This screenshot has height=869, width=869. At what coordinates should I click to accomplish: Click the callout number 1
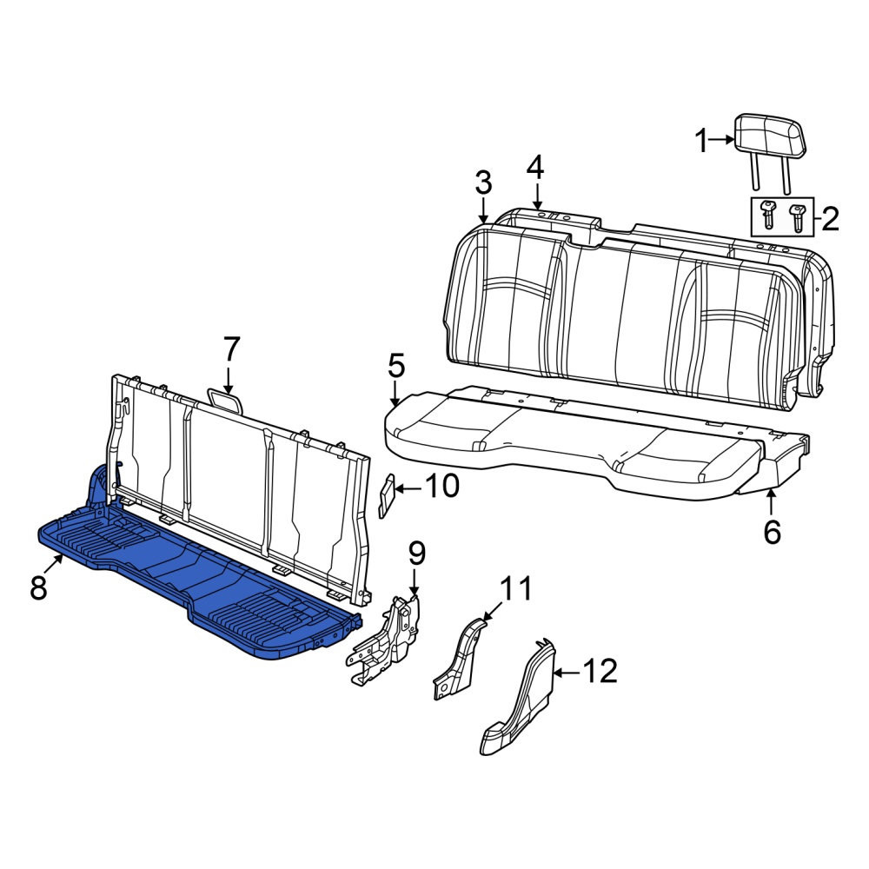point(701,141)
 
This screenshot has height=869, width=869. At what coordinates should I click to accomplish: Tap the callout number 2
point(830,219)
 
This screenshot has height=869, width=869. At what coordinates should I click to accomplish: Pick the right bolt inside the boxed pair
point(796,218)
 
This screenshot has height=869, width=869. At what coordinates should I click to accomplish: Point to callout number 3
point(483,183)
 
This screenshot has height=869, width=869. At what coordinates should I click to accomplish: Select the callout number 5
point(396,367)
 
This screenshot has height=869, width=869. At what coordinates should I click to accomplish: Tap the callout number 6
point(772,532)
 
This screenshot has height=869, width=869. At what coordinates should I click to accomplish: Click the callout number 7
point(230,350)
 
